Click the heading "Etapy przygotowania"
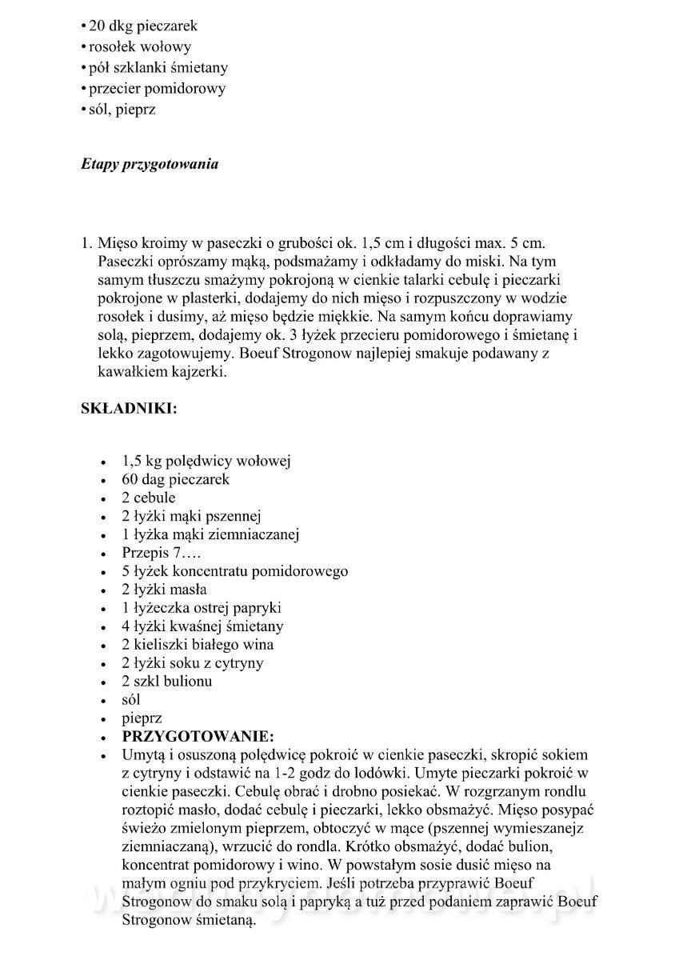pos(150,166)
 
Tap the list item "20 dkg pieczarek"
pos(141,26)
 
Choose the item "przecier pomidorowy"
pos(156,89)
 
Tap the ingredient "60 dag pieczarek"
pos(175,479)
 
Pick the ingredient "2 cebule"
pos(148,498)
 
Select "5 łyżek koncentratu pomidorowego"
pos(234,571)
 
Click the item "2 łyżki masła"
pos(164,590)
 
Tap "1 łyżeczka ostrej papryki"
pos(201,608)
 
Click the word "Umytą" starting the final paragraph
pos(142,755)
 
